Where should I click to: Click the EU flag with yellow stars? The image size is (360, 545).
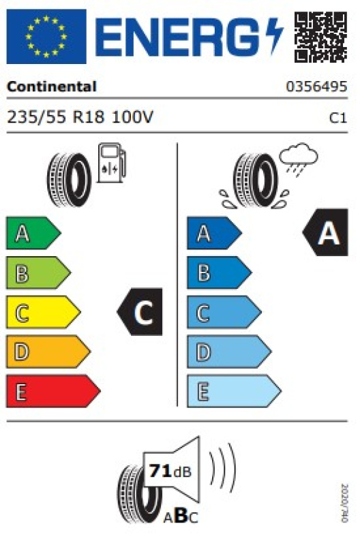pyautogui.click(x=46, y=37)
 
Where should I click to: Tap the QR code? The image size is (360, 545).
pyautogui.click(x=320, y=37)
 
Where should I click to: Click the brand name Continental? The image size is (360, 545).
pyautogui.click(x=52, y=87)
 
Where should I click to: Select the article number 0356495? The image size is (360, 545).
pyautogui.click(x=316, y=87)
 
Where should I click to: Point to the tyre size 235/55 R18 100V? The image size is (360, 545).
pyautogui.click(x=80, y=117)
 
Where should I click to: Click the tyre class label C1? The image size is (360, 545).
pyautogui.click(x=338, y=118)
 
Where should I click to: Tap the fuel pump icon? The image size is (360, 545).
pyautogui.click(x=111, y=163)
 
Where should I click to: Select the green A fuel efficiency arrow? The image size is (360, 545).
pyautogui.click(x=33, y=233)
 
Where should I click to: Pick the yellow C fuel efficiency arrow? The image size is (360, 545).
pyautogui.click(x=44, y=312)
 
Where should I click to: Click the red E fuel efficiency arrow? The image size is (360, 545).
pyautogui.click(x=53, y=391)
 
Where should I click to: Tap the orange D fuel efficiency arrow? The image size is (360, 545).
pyautogui.click(x=48, y=352)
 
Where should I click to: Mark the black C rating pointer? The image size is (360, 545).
pyautogui.click(x=140, y=312)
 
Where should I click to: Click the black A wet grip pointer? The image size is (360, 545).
pyautogui.click(x=325, y=232)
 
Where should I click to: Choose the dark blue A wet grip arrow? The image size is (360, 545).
pyautogui.click(x=214, y=233)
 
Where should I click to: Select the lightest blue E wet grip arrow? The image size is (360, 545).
pyautogui.click(x=234, y=391)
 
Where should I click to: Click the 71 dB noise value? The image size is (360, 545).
pyautogui.click(x=170, y=471)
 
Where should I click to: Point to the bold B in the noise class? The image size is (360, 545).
pyautogui.click(x=181, y=516)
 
